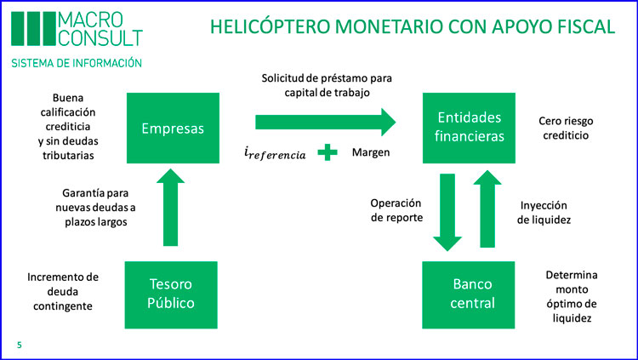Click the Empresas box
[173, 128]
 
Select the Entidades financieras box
[469, 128]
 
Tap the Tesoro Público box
[171, 294]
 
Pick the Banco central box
[469, 294]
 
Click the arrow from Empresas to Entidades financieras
[326, 123]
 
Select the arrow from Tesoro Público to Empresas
[170, 208]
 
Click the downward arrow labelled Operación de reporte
[447, 212]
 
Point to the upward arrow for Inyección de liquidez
[487, 209]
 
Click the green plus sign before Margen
[328, 152]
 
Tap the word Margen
[371, 152]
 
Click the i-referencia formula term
[275, 153]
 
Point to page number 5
[19, 345]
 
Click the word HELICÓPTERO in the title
[270, 26]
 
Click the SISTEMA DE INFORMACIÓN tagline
[77, 63]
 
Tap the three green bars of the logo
[33, 28]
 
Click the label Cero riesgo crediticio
[566, 128]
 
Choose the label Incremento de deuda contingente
[63, 292]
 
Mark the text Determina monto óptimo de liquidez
[572, 296]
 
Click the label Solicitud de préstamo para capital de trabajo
[327, 85]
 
